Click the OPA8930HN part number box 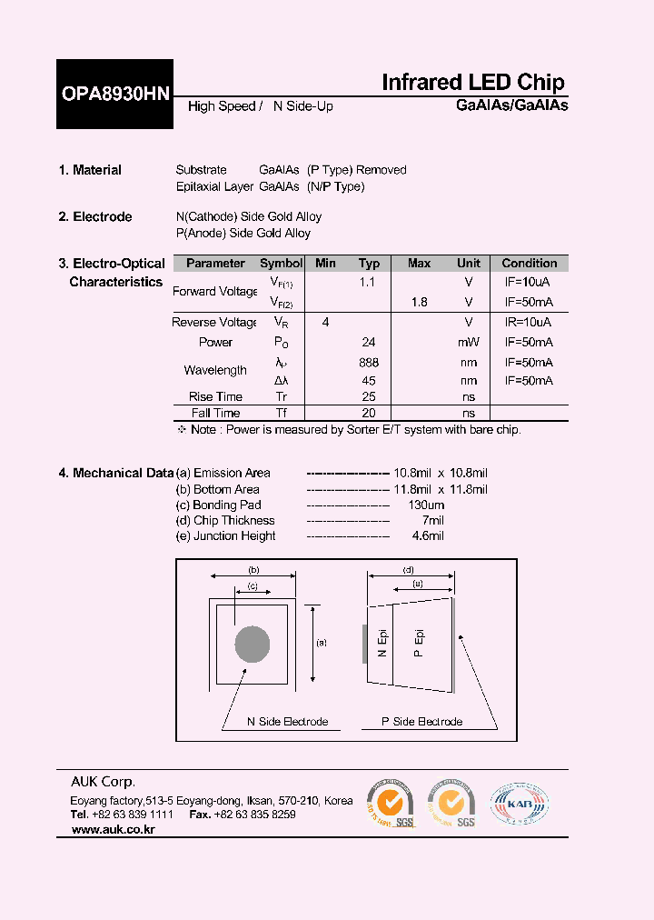(114, 95)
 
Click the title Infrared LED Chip (472, 83)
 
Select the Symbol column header (282, 264)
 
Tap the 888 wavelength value (369, 362)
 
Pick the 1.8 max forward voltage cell (419, 302)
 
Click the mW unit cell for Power (469, 343)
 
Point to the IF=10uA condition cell (529, 283)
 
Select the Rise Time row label (215, 396)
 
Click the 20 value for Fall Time (369, 413)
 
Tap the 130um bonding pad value (426, 505)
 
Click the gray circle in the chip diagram (253, 645)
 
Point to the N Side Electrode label (287, 722)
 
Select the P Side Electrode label (421, 722)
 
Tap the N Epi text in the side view (382, 644)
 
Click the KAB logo (520, 803)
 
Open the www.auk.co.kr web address (113, 830)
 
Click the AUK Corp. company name (104, 782)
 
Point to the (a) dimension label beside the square (321, 643)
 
